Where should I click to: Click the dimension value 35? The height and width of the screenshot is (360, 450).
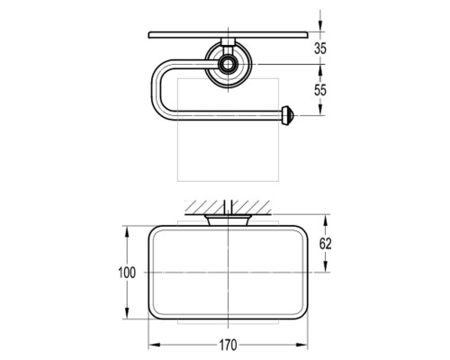320,49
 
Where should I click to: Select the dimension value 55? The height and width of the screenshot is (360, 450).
320,90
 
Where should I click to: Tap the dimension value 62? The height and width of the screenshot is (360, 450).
325,244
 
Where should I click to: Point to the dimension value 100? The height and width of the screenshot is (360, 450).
127,273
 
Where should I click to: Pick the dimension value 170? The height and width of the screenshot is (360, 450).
228,345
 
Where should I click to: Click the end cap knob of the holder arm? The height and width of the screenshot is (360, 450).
289,115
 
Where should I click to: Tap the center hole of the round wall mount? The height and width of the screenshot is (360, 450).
228,64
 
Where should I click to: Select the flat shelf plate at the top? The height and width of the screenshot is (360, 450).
229,35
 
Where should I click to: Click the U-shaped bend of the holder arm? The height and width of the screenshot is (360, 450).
155,90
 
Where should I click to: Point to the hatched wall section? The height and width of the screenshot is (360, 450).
228,207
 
